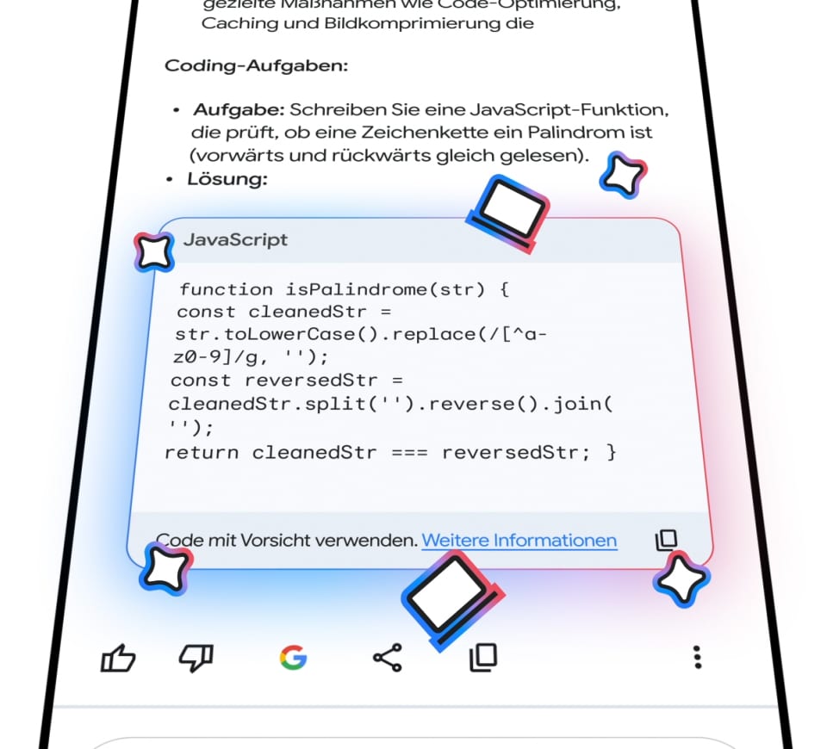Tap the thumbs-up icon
(119, 659)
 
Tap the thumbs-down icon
(196, 659)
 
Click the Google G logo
(293, 659)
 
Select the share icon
(388, 659)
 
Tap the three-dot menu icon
(698, 659)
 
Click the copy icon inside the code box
(666, 540)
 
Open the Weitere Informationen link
(519, 541)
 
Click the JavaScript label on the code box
(235, 240)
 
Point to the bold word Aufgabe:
(239, 110)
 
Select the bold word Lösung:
(227, 179)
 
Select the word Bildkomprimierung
(390, 23)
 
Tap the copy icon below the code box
(483, 658)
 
